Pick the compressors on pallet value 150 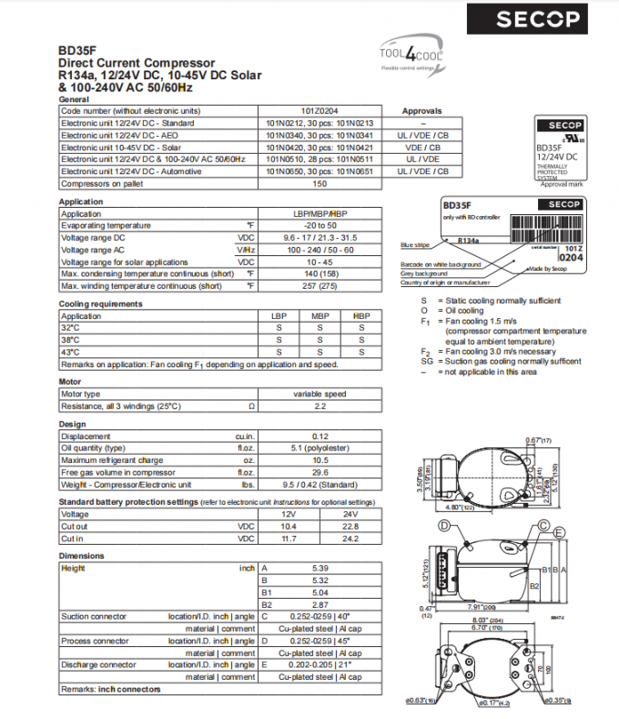pos(320,183)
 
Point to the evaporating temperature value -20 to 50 pos(320,225)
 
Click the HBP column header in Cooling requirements pos(361,316)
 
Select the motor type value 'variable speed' pos(320,394)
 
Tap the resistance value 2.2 pos(320,406)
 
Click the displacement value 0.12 pos(320,437)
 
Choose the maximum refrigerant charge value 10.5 pos(320,460)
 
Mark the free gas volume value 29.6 pos(320,472)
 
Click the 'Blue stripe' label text pos(414,245)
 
